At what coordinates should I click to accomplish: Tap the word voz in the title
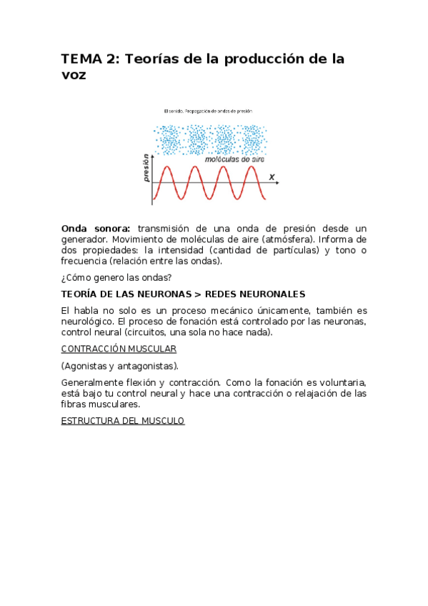pos(74,75)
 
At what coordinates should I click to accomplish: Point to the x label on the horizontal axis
pos(272,176)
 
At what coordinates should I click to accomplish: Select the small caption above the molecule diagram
pos(208,111)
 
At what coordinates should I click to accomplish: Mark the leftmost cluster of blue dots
pos(169,139)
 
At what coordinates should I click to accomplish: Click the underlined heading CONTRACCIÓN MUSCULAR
pos(119,349)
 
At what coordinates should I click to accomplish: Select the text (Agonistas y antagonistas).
pos(120,366)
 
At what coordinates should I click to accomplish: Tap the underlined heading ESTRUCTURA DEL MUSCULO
pos(123,421)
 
